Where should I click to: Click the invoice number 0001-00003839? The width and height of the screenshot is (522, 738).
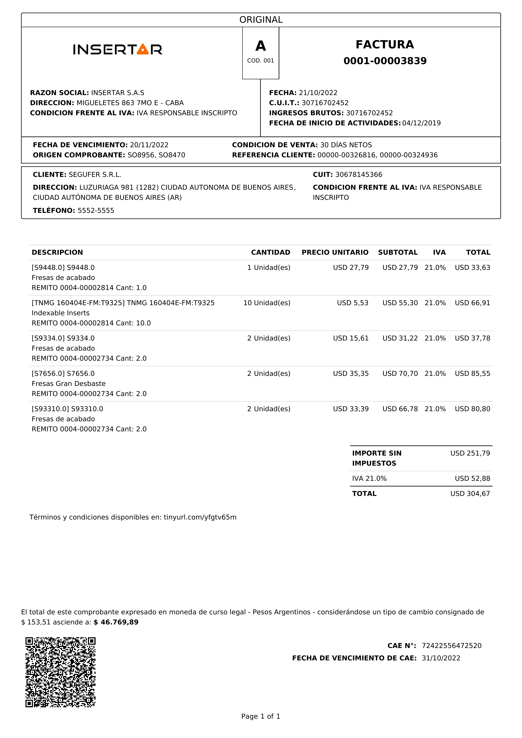(x=385, y=61)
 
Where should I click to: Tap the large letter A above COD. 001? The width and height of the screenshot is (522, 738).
(x=261, y=46)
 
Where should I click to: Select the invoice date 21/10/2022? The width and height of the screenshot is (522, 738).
(x=318, y=93)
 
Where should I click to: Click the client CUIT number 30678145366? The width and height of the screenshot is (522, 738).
(x=359, y=175)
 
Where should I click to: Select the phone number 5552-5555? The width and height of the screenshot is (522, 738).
(x=96, y=211)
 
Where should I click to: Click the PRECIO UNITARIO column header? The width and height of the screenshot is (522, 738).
(x=335, y=252)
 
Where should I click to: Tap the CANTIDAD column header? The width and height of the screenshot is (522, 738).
(x=270, y=252)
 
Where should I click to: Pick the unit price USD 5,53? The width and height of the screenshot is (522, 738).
(x=353, y=303)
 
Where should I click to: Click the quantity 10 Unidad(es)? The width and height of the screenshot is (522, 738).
(x=267, y=303)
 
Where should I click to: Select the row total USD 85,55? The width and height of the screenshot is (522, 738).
(x=472, y=374)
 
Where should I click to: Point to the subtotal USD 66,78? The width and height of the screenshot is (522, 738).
(x=400, y=409)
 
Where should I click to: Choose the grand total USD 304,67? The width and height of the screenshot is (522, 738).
(x=470, y=493)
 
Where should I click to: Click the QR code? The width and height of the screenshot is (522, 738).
(x=60, y=672)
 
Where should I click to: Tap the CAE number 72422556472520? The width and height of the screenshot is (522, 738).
(x=451, y=646)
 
